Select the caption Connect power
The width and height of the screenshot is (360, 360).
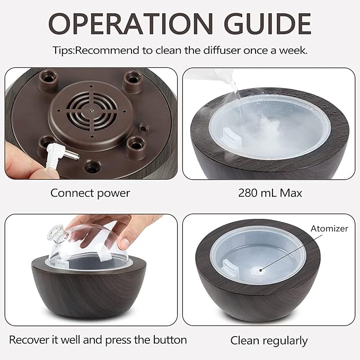[x=90, y=193]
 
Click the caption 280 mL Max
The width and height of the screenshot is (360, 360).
[x=270, y=193]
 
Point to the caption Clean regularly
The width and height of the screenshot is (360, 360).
[x=269, y=340]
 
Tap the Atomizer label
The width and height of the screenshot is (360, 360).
[x=329, y=229]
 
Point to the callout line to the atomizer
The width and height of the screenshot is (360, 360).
[x=286, y=250]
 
